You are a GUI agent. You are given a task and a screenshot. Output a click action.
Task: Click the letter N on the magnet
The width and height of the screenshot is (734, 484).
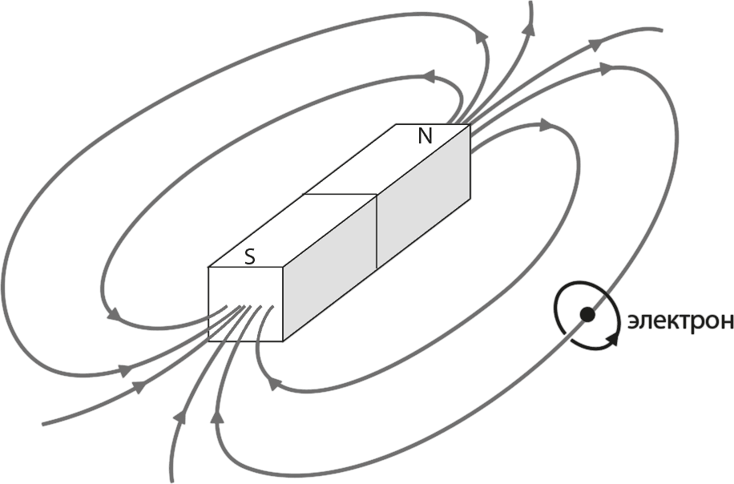point(425,136)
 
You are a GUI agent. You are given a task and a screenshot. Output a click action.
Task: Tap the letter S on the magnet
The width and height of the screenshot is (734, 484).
point(251,257)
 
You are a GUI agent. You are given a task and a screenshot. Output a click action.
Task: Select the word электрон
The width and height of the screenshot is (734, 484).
point(680,322)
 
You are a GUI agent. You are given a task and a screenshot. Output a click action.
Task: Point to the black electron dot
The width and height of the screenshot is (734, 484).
point(587,315)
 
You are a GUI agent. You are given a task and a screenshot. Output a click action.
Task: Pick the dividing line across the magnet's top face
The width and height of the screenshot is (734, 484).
point(341,193)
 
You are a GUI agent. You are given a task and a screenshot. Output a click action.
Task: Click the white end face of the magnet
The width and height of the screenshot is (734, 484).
point(245,305)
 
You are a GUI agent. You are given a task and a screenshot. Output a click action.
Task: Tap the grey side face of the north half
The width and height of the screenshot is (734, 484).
point(424,196)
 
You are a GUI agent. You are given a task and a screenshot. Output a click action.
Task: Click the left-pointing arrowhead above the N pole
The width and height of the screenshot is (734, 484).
point(430,76)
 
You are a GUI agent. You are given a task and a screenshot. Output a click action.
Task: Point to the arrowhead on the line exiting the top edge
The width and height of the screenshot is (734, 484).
point(530,28)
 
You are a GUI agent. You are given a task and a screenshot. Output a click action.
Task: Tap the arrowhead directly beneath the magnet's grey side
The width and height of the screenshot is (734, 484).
point(274,384)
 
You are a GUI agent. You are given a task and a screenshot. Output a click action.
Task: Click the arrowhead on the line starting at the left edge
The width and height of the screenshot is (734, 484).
point(139,385)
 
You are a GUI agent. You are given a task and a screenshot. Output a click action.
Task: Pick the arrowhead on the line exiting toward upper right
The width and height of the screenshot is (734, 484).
point(594,44)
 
